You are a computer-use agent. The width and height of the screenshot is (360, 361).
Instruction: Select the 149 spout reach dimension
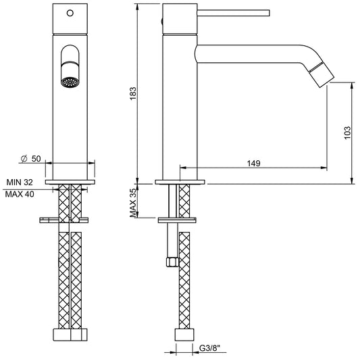tap(253, 162)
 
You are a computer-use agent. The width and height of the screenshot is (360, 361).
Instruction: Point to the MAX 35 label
tap(134, 201)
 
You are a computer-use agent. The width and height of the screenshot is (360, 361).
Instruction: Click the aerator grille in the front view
tap(70, 81)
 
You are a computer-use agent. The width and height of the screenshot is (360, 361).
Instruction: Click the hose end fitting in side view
tap(182, 335)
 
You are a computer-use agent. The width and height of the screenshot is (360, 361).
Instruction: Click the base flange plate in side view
tap(181, 182)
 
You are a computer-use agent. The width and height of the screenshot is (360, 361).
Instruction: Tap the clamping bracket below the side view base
tap(178, 219)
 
